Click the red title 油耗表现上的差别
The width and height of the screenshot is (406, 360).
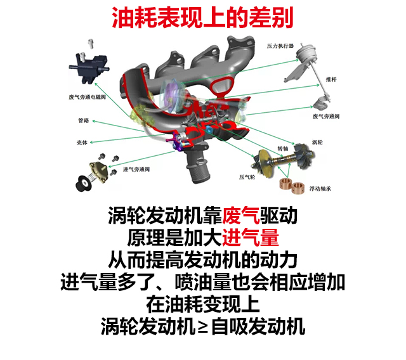click(x=202, y=18)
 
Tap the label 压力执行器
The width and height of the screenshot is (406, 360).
click(x=280, y=46)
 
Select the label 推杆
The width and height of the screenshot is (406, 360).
click(x=331, y=79)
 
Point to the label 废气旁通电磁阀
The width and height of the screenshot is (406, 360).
click(x=87, y=97)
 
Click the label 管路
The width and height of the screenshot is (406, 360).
click(x=83, y=120)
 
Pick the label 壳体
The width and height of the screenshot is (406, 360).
click(x=82, y=142)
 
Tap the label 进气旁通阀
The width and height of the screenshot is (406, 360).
click(x=136, y=169)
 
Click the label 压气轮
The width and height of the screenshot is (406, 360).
click(x=247, y=177)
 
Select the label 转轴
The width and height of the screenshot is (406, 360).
click(x=283, y=148)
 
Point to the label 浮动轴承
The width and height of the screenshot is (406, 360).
click(x=320, y=188)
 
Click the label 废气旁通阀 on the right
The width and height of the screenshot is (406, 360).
click(x=326, y=117)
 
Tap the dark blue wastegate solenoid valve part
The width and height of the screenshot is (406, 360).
click(x=89, y=68)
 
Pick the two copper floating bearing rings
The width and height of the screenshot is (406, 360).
click(x=291, y=185)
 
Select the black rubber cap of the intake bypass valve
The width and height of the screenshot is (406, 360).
click(x=83, y=183)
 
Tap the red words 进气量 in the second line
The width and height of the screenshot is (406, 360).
click(x=251, y=238)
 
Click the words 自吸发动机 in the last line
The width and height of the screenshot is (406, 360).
click(x=258, y=326)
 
